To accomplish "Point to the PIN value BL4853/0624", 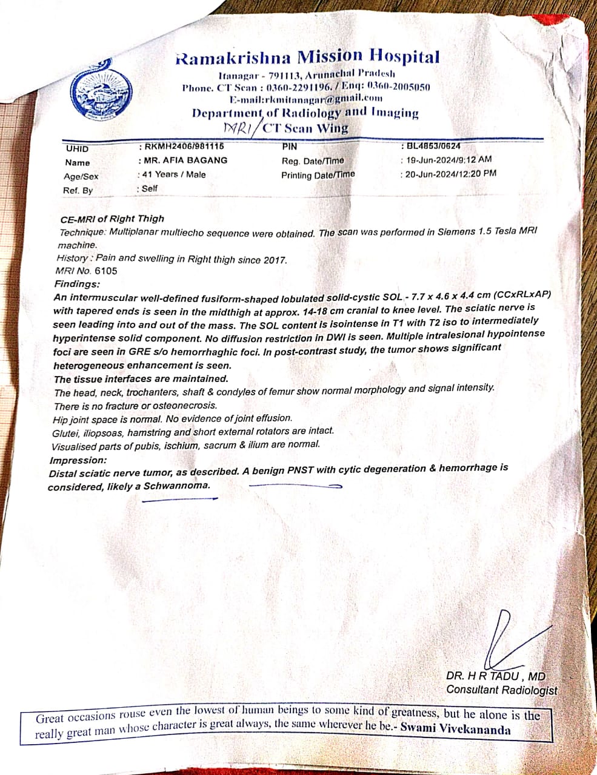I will pos(434,146).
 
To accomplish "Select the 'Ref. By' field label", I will pos(78,190).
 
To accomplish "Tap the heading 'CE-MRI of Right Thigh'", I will pos(112,219).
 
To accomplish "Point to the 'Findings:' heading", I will pos(77,284).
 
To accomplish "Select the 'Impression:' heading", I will pos(78,460).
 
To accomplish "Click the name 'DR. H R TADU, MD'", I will pos(495,676).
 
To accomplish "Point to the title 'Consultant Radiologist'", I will pos(501,690).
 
